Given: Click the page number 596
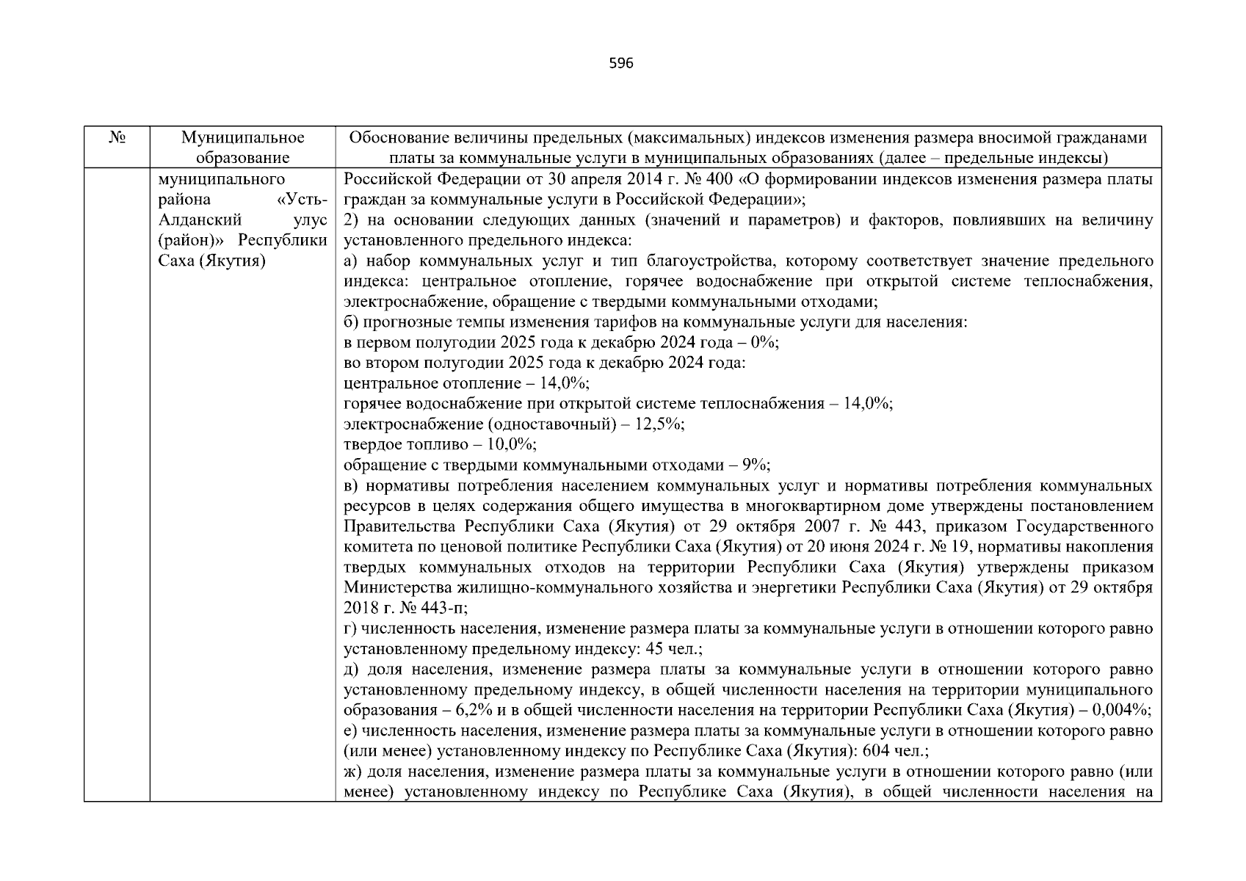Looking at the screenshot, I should coord(621,63).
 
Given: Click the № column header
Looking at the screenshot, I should coord(116,138).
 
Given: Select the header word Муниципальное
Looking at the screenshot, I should coord(242,138).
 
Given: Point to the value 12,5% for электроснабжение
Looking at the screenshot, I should coord(661,424).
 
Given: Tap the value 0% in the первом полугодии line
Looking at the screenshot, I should coord(763,343).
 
